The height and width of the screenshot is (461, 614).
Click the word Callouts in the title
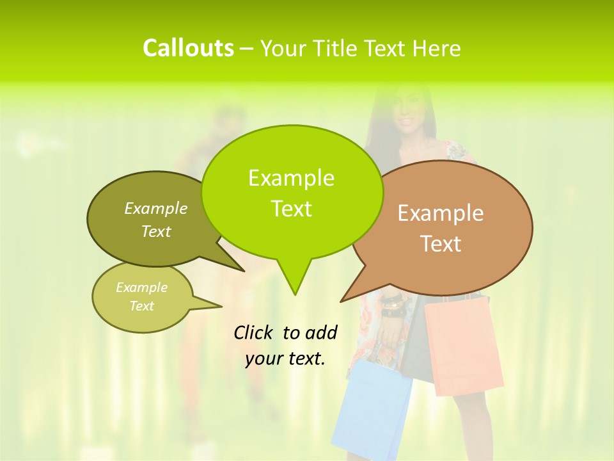pyautogui.click(x=188, y=48)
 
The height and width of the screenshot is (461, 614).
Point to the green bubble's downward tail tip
pyautogui.click(x=295, y=295)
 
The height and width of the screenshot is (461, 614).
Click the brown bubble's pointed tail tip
pyautogui.click(x=341, y=301)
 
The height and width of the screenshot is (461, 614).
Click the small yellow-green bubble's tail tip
pyautogui.click(x=221, y=306)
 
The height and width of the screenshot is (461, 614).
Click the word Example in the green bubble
pyautogui.click(x=291, y=178)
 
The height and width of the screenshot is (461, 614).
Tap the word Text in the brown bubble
pyautogui.click(x=441, y=244)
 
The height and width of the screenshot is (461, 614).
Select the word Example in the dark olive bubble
pyautogui.click(x=156, y=208)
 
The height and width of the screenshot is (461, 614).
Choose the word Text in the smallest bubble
pyautogui.click(x=142, y=306)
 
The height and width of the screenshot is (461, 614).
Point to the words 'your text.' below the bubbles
pyautogui.click(x=285, y=359)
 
